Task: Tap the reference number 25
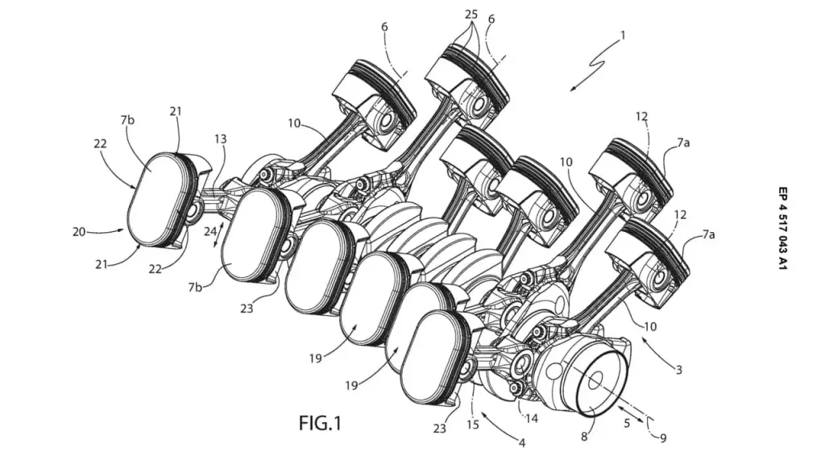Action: click(471, 14)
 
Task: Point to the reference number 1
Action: click(623, 35)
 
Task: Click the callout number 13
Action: click(221, 139)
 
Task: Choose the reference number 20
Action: click(79, 231)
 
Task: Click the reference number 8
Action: click(585, 435)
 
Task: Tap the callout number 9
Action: click(663, 437)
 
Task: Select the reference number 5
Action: click(627, 422)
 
